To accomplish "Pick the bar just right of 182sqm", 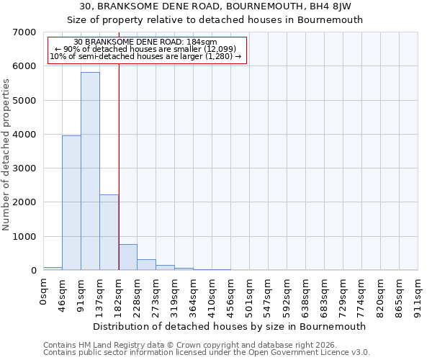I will [x=127, y=257].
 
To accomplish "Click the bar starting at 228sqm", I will [x=146, y=264].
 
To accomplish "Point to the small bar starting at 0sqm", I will [x=53, y=269].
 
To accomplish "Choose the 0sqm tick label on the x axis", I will [x=44, y=291].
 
